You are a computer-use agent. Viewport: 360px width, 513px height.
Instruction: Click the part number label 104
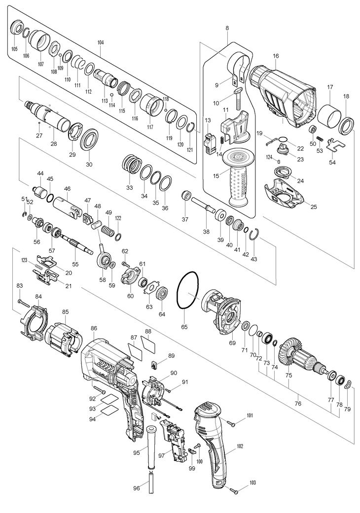101,43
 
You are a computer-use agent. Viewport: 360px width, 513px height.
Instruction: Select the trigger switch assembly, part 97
175,441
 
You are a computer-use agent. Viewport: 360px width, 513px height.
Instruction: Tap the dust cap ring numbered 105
17,28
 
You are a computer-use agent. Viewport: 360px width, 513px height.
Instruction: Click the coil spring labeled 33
132,164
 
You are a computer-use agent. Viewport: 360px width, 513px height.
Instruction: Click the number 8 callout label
227,29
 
